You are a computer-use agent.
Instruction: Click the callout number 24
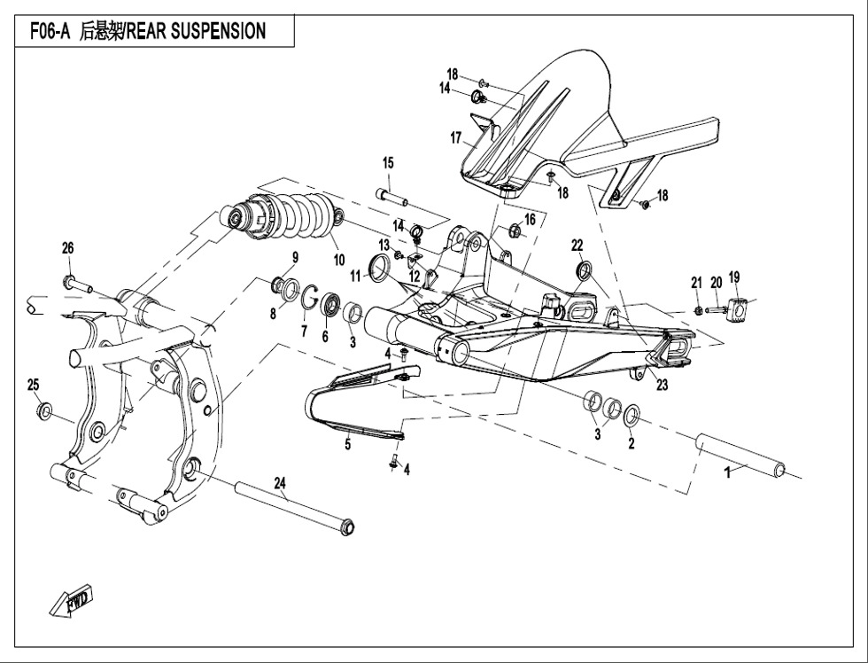(280, 483)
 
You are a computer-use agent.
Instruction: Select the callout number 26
(67, 249)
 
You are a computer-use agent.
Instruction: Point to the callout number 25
(34, 385)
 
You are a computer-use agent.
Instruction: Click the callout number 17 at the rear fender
(456, 138)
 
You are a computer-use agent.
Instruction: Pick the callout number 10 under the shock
(338, 260)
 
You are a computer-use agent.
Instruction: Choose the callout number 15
(388, 162)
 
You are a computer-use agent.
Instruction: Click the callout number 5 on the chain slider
(348, 445)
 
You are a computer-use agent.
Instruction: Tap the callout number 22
(577, 245)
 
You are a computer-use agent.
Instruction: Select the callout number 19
(734, 278)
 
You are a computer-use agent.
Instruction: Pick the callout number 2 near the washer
(631, 444)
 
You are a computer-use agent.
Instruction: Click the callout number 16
(530, 219)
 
